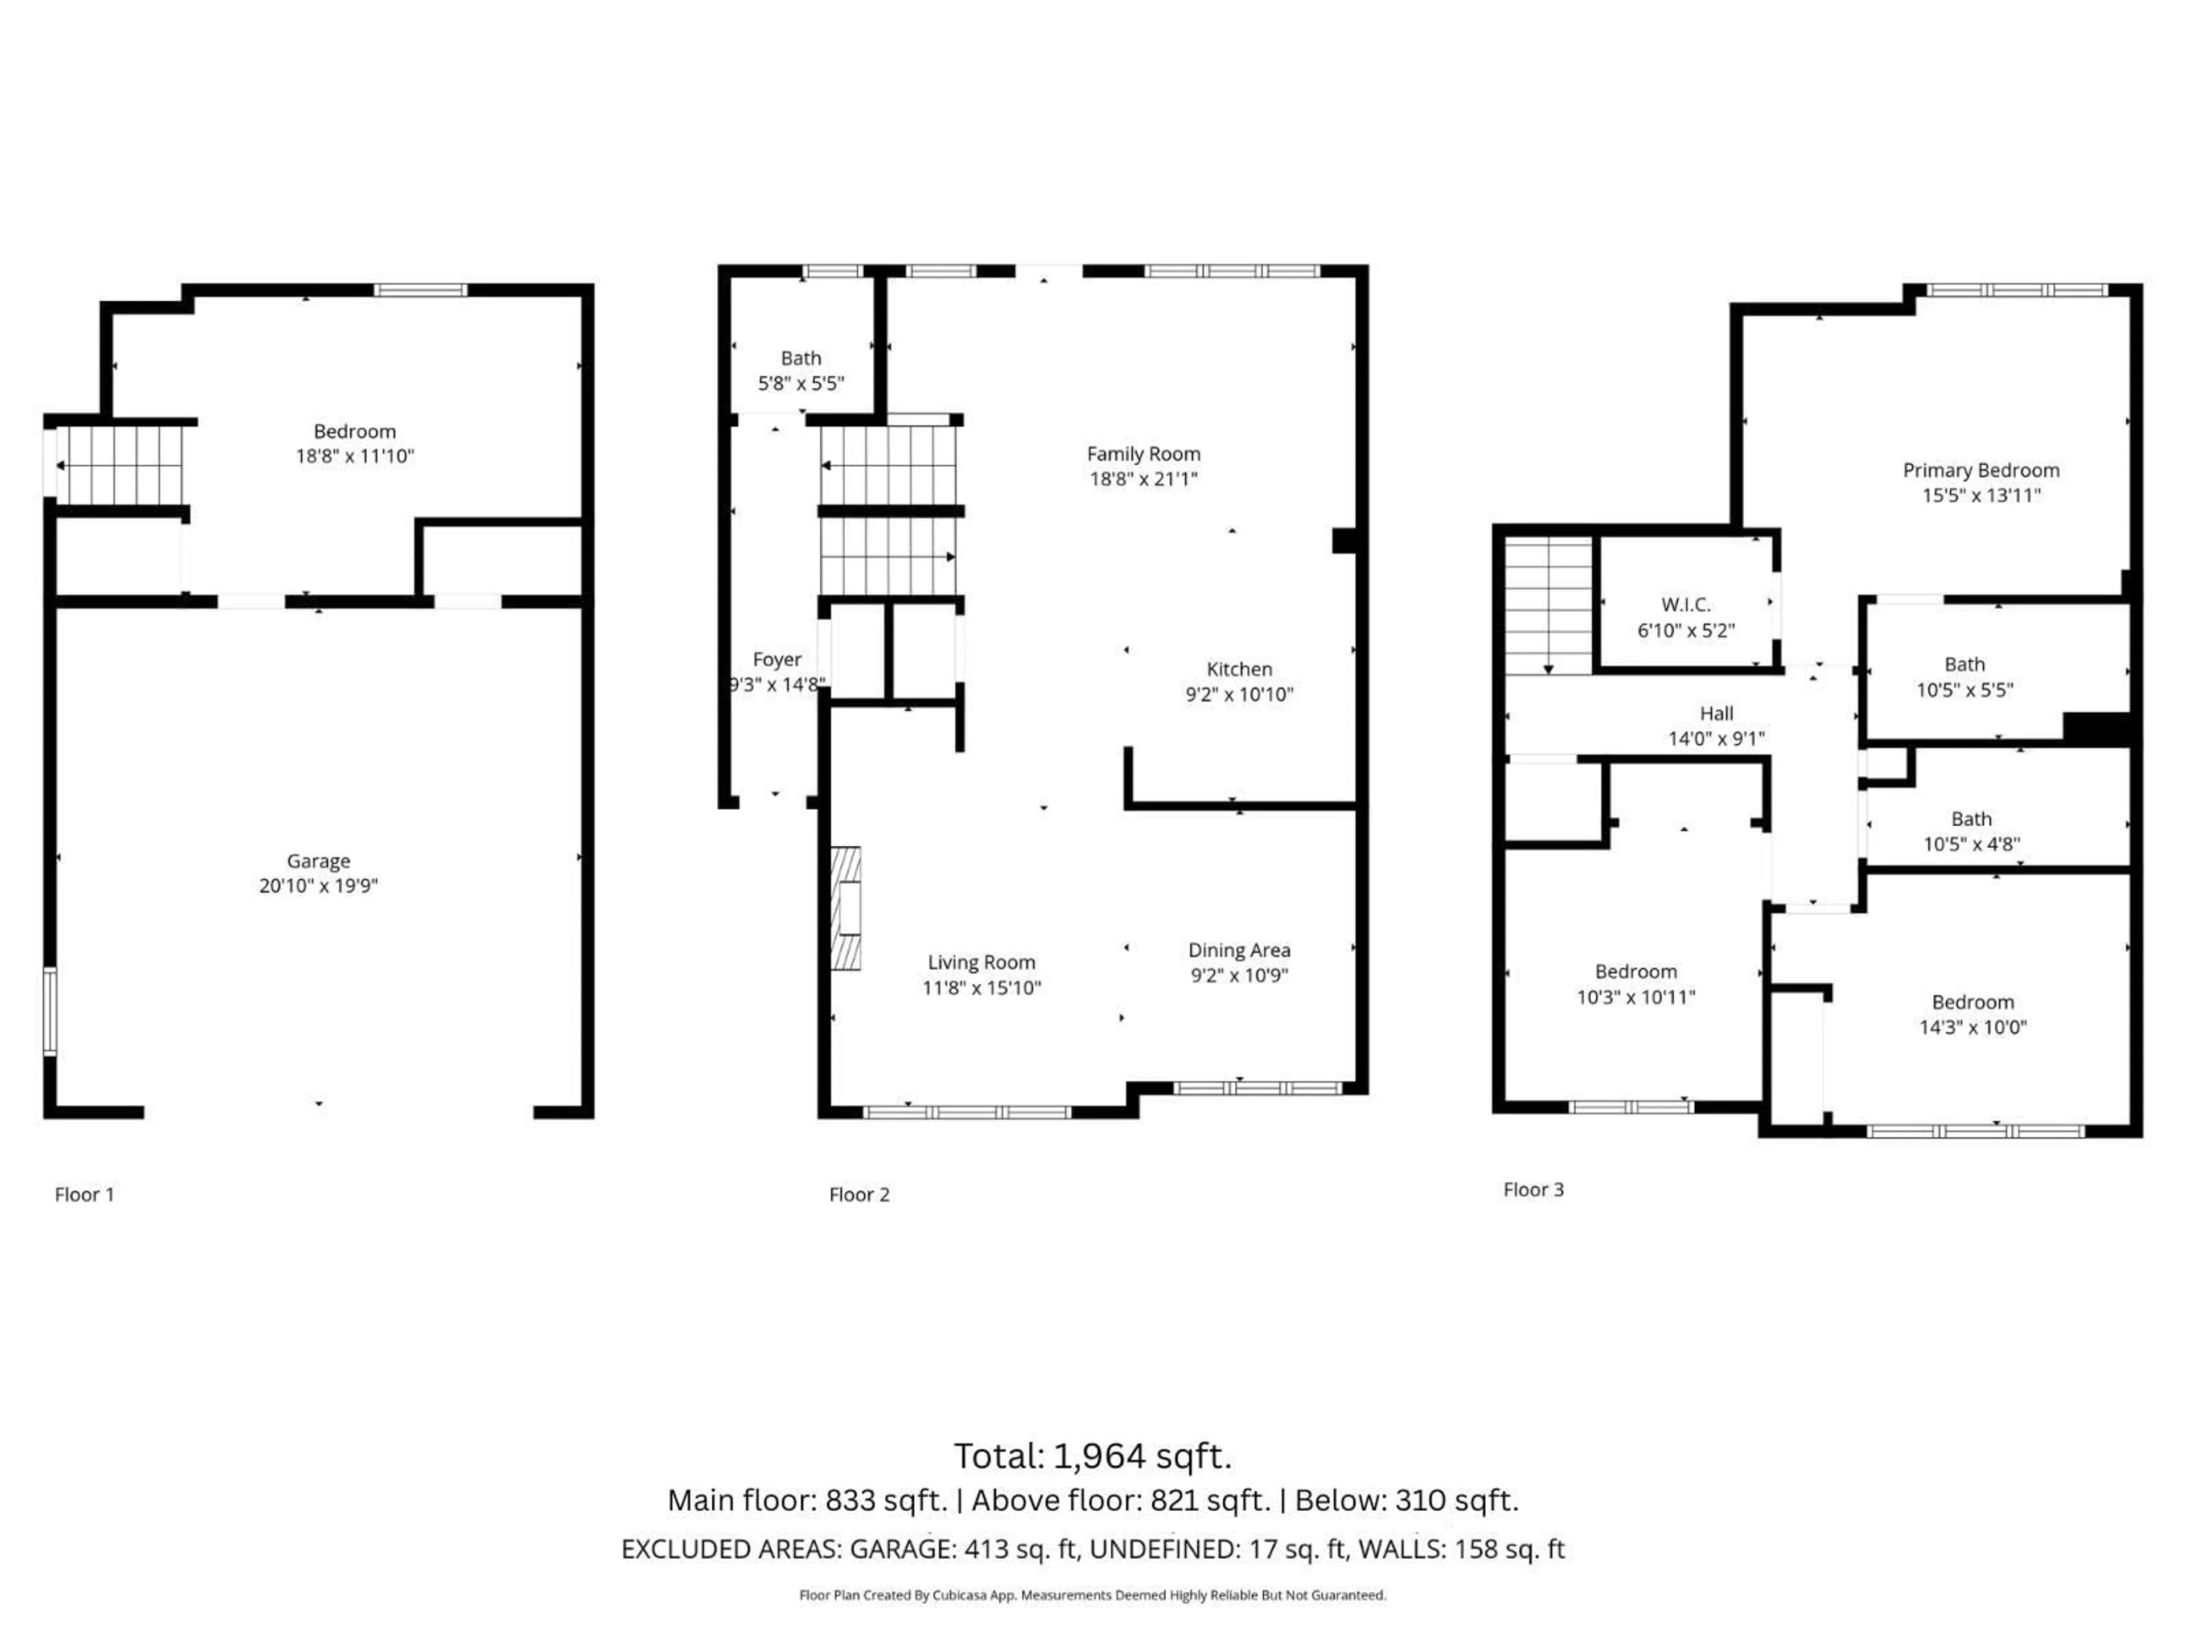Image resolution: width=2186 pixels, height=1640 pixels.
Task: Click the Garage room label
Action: tap(318, 861)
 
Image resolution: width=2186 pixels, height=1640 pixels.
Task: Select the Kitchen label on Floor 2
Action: tap(1239, 669)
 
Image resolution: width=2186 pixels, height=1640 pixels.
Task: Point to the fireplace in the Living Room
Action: tap(846, 908)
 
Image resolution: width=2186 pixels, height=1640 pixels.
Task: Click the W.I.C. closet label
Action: tap(1686, 605)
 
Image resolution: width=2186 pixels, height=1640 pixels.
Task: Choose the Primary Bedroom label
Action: tap(1982, 470)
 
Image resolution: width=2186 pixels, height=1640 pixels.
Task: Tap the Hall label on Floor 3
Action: tap(1716, 714)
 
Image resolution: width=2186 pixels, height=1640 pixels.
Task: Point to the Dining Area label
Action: tap(1239, 950)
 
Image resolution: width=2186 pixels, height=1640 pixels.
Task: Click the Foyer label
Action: tap(776, 659)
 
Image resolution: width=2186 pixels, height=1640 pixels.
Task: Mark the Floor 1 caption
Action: tap(85, 1194)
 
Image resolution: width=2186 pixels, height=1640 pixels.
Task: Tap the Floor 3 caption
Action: tap(1534, 1189)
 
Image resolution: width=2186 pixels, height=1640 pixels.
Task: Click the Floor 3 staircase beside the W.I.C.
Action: tap(1548, 605)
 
